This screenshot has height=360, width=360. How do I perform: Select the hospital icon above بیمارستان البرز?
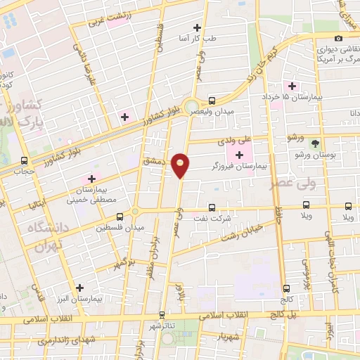79,288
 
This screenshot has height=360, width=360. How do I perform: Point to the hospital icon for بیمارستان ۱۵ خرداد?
291,86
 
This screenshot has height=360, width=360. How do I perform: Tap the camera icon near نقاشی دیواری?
339,38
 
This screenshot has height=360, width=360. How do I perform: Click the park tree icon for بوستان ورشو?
315,143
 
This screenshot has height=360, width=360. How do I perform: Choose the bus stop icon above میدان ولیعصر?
212,101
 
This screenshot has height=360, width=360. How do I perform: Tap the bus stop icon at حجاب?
25,160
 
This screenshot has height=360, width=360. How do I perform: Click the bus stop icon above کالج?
286,288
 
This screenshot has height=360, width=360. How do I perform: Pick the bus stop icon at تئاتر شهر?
163,315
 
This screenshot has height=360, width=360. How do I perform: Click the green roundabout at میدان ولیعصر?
192,106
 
